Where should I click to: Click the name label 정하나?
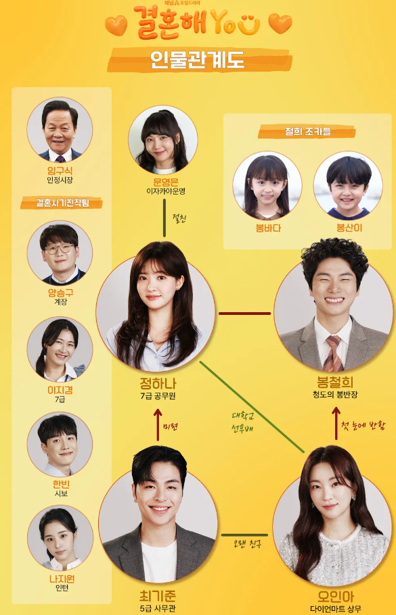tap(158, 383)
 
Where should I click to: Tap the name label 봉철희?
tap(335, 382)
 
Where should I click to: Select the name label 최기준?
tap(158, 597)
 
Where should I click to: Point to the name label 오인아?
tap(336, 597)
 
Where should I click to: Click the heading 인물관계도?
tap(198, 60)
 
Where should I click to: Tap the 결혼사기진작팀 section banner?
tap(62, 203)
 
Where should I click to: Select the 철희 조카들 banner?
tap(307, 132)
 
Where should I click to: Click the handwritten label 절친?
tap(179, 218)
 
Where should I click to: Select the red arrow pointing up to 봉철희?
tap(336, 424)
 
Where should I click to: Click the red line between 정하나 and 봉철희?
tap(245, 314)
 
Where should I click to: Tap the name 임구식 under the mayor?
tap(60, 170)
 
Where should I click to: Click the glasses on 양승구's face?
tap(60, 249)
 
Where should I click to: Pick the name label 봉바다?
tap(268, 228)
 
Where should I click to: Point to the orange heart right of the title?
tap(280, 24)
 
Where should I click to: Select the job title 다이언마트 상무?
tap(336, 609)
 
